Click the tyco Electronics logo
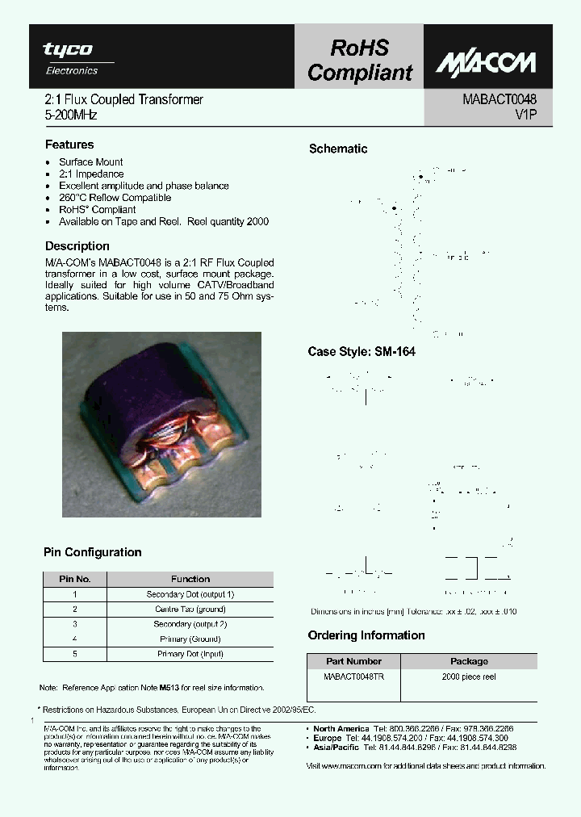pyautogui.click(x=78, y=58)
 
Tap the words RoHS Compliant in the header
pyautogui.click(x=359, y=61)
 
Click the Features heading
pyautogui.click(x=69, y=145)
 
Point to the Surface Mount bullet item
pyautogui.click(x=90, y=162)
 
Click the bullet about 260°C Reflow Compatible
pyautogui.click(x=115, y=198)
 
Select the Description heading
pyautogui.click(x=77, y=245)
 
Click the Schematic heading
pyautogui.click(x=338, y=149)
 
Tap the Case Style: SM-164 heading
pyautogui.click(x=362, y=352)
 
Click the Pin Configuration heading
pyautogui.click(x=92, y=552)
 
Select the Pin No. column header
pyautogui.click(x=75, y=579)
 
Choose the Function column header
pyautogui.click(x=190, y=579)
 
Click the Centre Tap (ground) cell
pyautogui.click(x=190, y=610)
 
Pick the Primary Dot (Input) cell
pyautogui.click(x=190, y=654)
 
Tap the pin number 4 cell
pyautogui.click(x=75, y=639)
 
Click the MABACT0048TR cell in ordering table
pyautogui.click(x=353, y=677)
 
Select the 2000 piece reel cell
pyautogui.click(x=469, y=677)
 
